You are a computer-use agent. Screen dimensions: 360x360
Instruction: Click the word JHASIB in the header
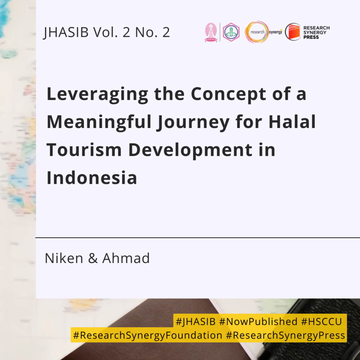click(x=66, y=32)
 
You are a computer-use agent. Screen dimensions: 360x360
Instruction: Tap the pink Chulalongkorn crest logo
click(x=211, y=32)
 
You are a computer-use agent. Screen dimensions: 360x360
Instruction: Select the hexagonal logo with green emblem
click(x=231, y=32)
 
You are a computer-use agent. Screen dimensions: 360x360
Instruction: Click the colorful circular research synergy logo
click(x=257, y=32)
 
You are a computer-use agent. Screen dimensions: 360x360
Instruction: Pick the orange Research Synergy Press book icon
click(x=293, y=32)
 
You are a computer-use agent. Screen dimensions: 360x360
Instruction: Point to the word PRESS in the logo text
click(x=311, y=37)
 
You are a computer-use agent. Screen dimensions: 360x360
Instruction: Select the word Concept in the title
click(x=228, y=94)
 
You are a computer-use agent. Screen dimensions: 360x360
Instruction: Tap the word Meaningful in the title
click(x=99, y=122)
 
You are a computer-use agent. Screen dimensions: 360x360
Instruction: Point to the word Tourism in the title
click(x=84, y=150)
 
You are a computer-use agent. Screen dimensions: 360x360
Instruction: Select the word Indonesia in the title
click(x=92, y=178)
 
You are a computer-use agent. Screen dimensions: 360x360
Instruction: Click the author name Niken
click(x=64, y=258)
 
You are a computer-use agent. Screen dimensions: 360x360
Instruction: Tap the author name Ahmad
click(x=126, y=258)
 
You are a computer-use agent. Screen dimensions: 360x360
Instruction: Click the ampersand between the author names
click(x=93, y=258)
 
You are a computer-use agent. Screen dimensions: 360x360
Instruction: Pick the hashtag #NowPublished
click(x=258, y=321)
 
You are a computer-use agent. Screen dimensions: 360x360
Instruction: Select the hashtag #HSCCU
click(x=321, y=321)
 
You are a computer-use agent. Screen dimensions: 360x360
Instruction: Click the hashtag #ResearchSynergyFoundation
click(x=148, y=335)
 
